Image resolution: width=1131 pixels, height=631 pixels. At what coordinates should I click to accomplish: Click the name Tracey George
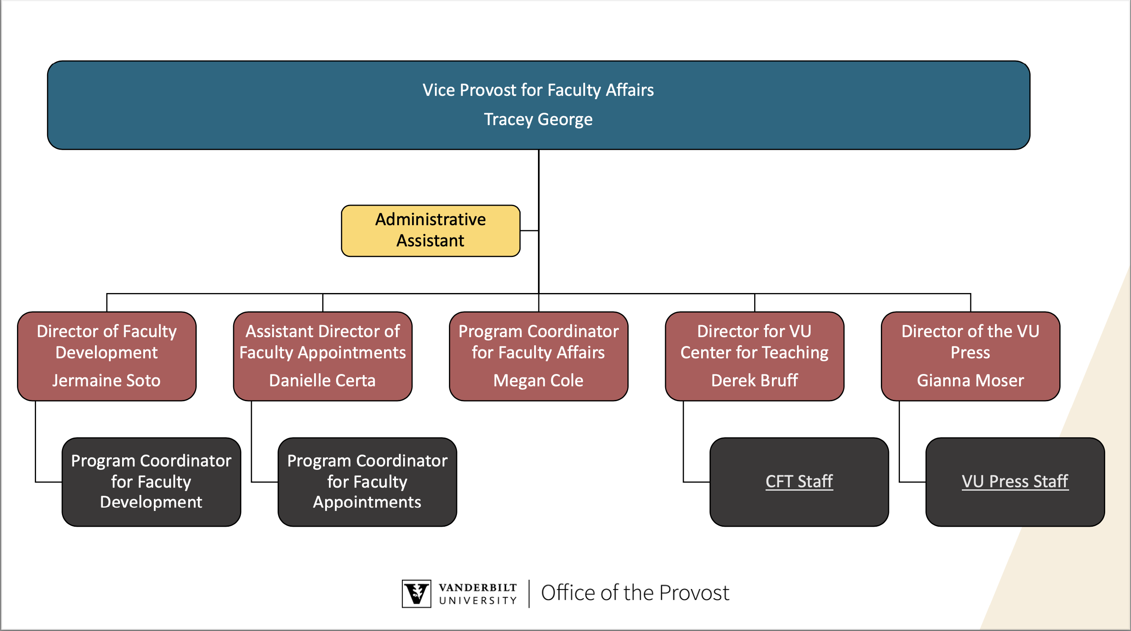538,120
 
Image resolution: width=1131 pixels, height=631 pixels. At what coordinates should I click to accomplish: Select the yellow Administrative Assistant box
431,231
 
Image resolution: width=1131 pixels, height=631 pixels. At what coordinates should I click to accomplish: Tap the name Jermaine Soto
106,380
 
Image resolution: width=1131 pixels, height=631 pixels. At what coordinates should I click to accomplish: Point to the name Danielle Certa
322,380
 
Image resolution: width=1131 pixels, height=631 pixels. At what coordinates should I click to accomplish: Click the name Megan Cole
538,380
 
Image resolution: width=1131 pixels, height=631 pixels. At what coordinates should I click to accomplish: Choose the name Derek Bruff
754,380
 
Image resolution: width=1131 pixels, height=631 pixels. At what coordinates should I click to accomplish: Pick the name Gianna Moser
970,380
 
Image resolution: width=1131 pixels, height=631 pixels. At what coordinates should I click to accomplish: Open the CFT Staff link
799,481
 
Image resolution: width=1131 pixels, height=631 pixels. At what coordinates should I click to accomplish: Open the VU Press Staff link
1015,481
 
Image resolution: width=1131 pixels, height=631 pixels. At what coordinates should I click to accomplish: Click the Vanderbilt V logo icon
416,594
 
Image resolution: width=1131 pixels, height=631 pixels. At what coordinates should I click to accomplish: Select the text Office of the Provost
635,593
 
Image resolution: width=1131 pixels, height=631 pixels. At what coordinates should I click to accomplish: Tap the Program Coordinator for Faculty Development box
151,482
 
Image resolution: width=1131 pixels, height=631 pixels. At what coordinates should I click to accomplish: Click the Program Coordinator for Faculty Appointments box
368,482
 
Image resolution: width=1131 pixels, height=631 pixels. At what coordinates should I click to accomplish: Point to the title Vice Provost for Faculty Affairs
538,90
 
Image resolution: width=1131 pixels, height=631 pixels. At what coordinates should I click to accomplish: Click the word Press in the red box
970,352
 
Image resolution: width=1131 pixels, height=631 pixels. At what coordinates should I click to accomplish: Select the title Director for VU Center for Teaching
754,342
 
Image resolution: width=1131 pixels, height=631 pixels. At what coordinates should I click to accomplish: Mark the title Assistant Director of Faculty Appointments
322,342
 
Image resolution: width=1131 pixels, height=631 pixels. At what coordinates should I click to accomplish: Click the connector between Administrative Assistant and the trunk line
529,231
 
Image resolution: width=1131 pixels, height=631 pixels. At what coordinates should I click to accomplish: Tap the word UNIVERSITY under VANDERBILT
478,600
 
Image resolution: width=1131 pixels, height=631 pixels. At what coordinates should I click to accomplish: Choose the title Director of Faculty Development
106,342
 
